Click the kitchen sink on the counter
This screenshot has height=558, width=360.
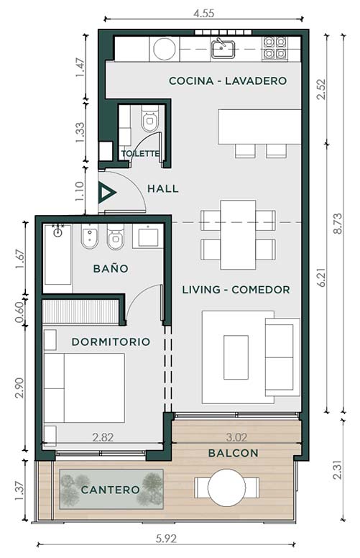pyautogui.click(x=223, y=49)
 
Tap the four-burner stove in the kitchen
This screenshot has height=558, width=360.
pyautogui.click(x=274, y=47)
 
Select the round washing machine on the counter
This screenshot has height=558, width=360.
pyautogui.click(x=165, y=49)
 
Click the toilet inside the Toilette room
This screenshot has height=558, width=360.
pyautogui.click(x=149, y=119)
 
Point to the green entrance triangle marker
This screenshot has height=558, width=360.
pyautogui.click(x=106, y=193)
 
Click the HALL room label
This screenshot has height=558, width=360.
pyautogui.click(x=163, y=188)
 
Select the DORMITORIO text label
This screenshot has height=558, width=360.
pyautogui.click(x=111, y=342)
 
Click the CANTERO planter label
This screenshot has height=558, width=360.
pyautogui.click(x=110, y=490)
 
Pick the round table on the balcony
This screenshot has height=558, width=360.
pyautogui.click(x=226, y=488)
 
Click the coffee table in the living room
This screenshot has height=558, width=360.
pyautogui.click(x=236, y=357)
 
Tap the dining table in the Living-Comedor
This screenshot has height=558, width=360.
pyautogui.click(x=238, y=234)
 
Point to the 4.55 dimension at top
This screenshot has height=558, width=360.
pyautogui.click(x=204, y=14)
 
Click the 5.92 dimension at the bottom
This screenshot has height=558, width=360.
pyautogui.click(x=166, y=539)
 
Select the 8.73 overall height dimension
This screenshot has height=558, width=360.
pyautogui.click(x=338, y=223)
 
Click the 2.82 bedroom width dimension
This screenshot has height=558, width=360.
pyautogui.click(x=103, y=437)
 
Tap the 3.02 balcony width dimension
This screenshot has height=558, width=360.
pyautogui.click(x=236, y=437)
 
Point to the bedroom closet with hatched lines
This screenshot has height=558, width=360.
pyautogui.click(x=80, y=311)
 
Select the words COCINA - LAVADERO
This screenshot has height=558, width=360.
pyautogui.click(x=228, y=81)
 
